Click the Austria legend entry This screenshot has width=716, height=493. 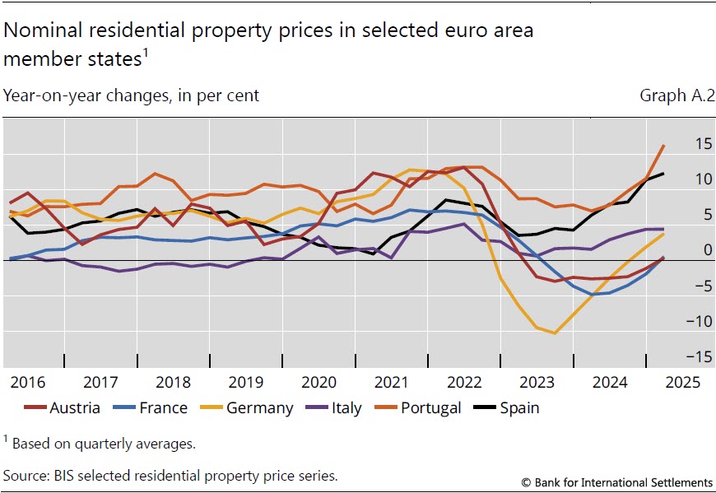tap(62, 407)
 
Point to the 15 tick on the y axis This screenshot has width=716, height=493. tap(703, 144)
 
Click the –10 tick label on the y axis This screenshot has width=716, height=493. tap(699, 321)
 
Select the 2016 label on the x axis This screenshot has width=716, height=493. tap(28, 383)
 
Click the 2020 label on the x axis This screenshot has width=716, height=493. tap(318, 383)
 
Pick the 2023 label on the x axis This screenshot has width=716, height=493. tap(537, 383)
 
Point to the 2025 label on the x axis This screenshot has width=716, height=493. tap(681, 383)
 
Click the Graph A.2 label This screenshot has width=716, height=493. tap(676, 95)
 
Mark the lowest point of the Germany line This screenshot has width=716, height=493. tap(555, 333)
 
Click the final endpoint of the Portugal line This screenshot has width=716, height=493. tap(664, 146)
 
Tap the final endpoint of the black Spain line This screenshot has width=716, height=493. tap(664, 174)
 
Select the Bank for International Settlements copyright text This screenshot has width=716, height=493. tap(617, 481)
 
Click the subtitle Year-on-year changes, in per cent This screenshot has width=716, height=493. tap(131, 95)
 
